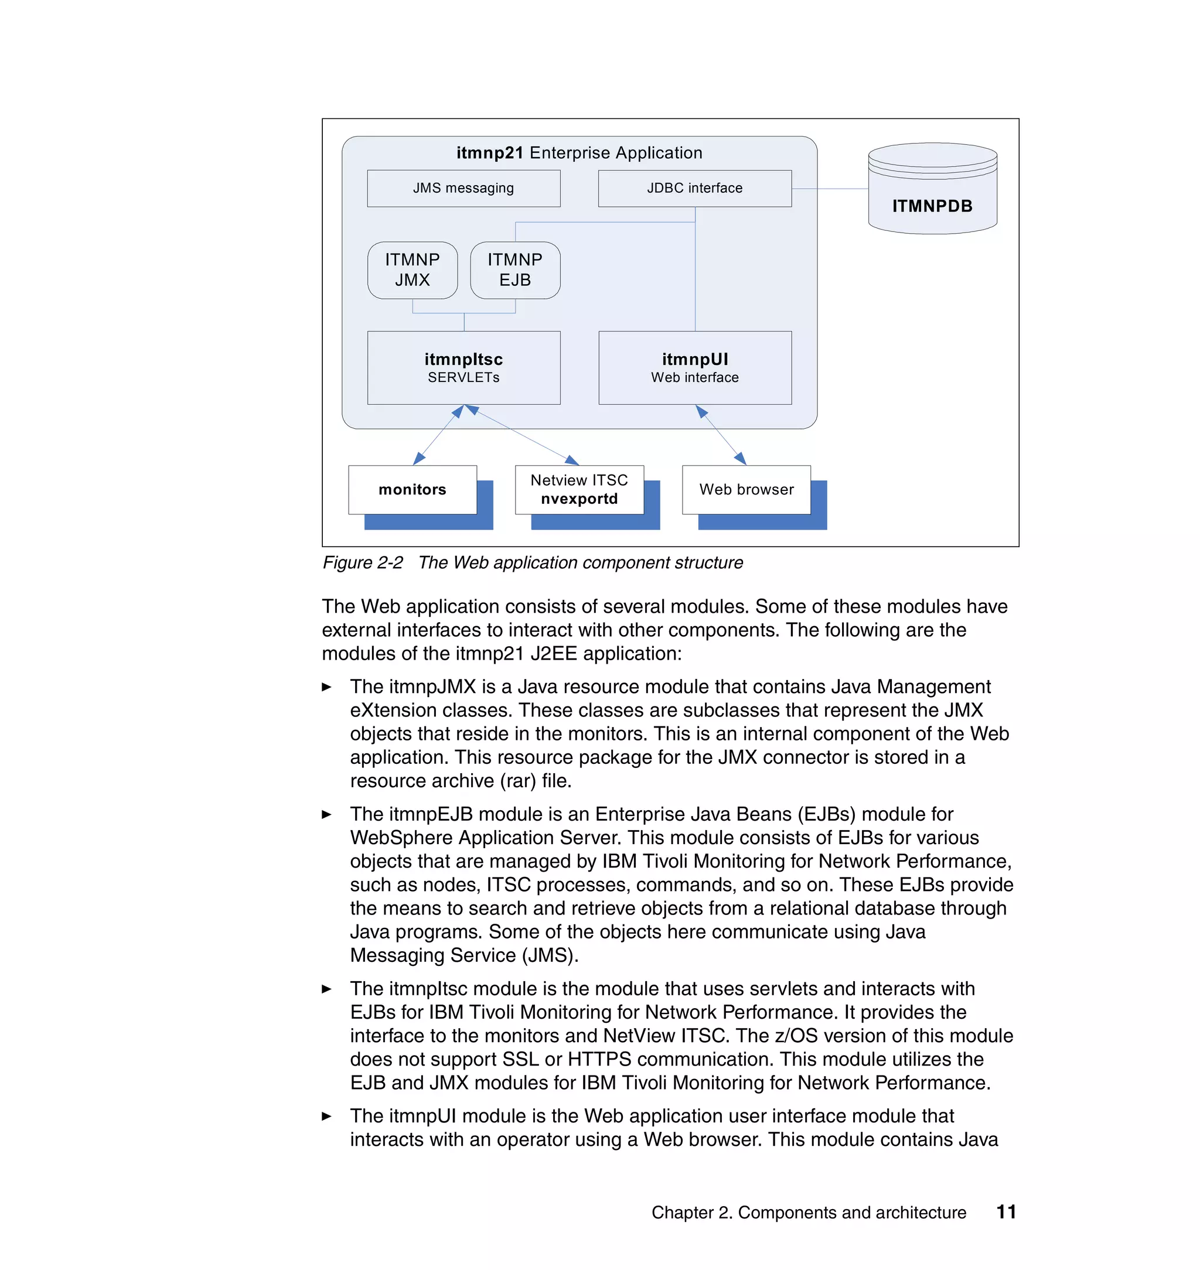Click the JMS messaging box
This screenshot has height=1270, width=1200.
pos(463,188)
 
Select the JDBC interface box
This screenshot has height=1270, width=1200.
pos(695,188)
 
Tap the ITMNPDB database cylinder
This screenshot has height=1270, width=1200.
pos(932,192)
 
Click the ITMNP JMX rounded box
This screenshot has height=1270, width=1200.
pos(412,270)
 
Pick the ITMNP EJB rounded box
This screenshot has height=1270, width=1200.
pos(515,270)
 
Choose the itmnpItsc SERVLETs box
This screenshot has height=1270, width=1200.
pos(463,368)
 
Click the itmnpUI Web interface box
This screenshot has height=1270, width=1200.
pos(695,368)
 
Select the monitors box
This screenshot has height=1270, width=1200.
pos(412,489)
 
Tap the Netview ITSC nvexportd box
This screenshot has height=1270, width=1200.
pos(579,489)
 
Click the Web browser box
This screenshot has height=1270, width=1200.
pos(746,489)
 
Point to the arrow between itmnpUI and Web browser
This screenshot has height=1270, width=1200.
pos(721,435)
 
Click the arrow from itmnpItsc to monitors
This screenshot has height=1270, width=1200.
pos(438,435)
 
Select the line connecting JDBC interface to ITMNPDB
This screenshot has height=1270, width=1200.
pos(830,189)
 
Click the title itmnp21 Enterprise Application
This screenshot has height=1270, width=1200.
pos(579,153)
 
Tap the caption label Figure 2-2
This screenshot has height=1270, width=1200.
pos(363,563)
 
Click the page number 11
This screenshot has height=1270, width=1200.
pos(1005,1212)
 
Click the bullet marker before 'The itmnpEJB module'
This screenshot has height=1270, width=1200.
pos(327,814)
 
